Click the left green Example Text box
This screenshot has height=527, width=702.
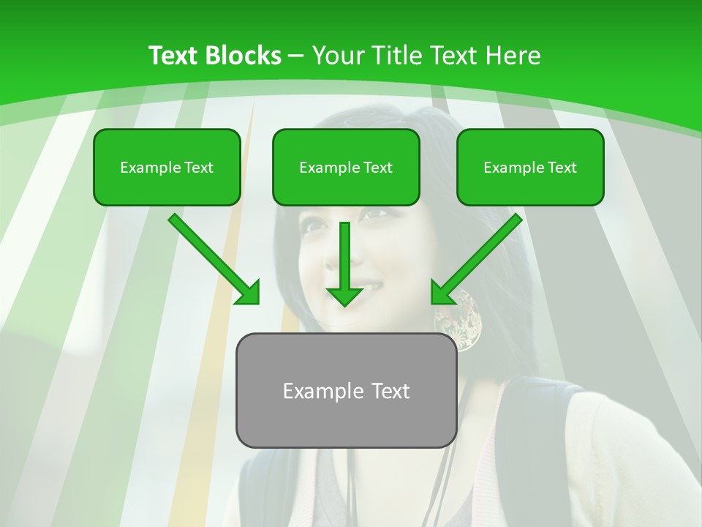tap(167, 167)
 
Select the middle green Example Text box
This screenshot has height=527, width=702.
tap(346, 167)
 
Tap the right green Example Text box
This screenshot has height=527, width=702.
tap(530, 167)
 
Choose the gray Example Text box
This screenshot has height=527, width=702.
tap(346, 390)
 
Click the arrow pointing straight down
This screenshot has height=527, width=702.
tap(344, 263)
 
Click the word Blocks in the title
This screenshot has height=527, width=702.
tap(244, 56)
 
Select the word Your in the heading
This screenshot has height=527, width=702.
tap(336, 56)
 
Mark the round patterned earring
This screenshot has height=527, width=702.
tap(460, 320)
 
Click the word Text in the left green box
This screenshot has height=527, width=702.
tap(199, 167)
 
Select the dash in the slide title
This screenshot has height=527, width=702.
tap(296, 56)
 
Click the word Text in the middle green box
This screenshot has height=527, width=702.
tap(378, 167)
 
